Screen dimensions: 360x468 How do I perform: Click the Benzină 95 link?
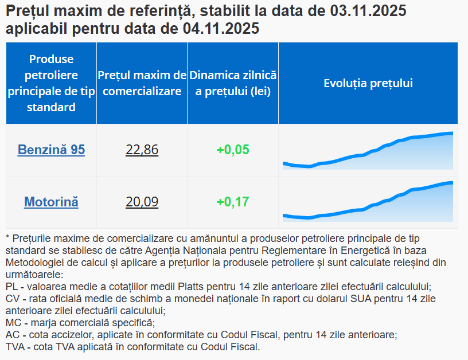[51, 150]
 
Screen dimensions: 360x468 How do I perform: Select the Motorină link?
[51, 202]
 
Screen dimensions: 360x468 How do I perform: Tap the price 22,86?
[142, 150]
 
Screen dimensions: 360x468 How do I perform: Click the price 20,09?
[142, 202]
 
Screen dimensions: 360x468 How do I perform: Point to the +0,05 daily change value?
[233, 150]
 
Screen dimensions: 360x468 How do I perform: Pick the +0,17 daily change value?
[233, 202]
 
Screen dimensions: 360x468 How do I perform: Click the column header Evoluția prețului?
[368, 83]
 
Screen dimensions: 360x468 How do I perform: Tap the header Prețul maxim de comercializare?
[142, 83]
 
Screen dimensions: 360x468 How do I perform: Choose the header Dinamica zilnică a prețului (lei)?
[233, 83]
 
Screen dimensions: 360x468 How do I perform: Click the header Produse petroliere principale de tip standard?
[51, 83]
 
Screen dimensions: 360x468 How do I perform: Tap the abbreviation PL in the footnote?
[11, 286]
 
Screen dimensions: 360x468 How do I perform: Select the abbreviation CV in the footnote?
[11, 299]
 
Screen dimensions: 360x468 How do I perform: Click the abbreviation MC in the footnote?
[12, 323]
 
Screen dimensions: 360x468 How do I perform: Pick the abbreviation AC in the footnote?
[11, 335]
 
